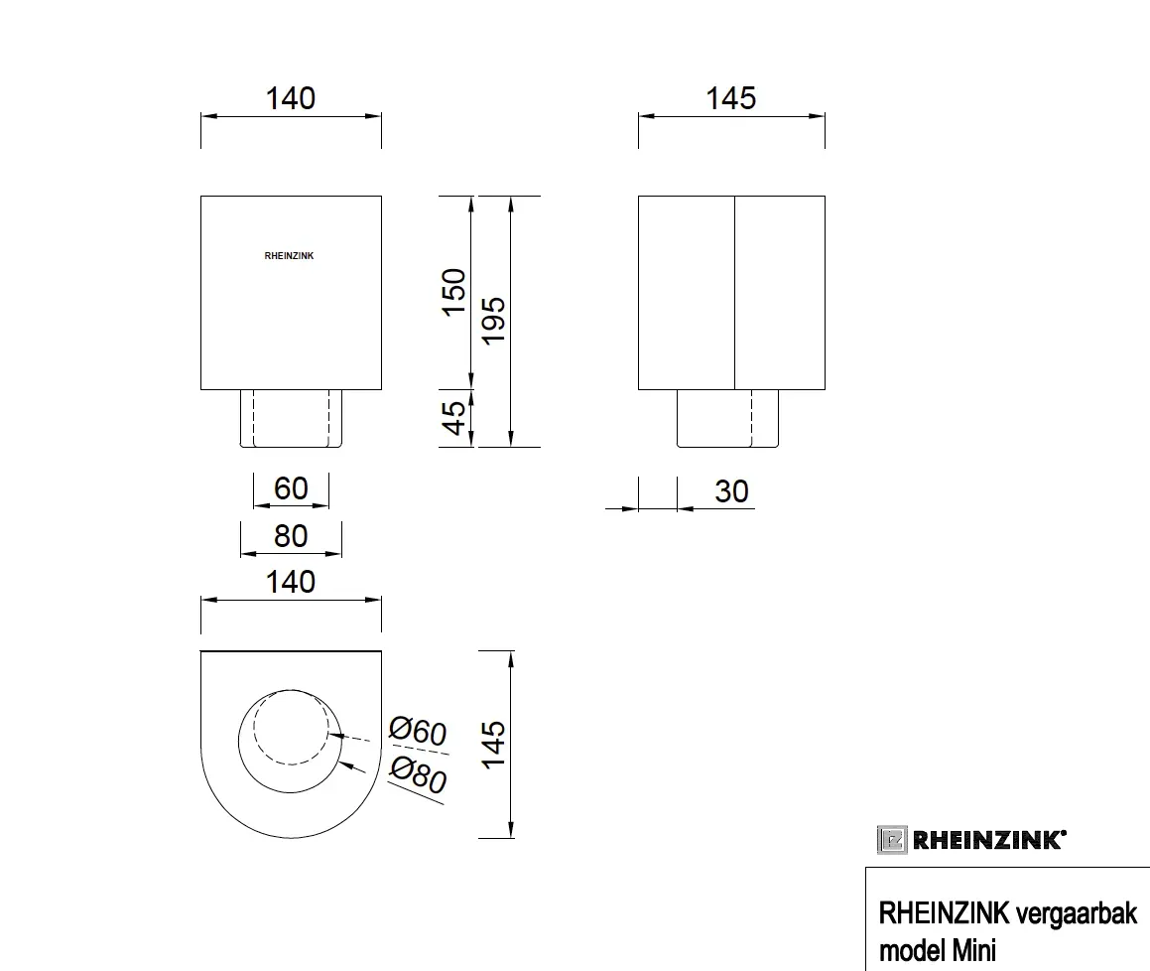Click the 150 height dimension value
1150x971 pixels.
[453, 292]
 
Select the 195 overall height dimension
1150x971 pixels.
[494, 320]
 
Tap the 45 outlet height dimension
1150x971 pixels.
[453, 418]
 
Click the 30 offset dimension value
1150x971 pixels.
[731, 491]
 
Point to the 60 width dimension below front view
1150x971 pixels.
[291, 488]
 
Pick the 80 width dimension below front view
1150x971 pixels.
[291, 536]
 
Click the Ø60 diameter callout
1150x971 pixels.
[418, 733]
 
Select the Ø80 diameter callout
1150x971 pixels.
[418, 774]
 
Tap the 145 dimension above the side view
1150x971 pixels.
[731, 98]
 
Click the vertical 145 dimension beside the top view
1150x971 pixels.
[494, 743]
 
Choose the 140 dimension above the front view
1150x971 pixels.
[291, 98]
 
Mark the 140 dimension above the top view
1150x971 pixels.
[291, 582]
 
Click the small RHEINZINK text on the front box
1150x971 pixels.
[290, 255]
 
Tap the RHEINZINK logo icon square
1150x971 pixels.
[890, 840]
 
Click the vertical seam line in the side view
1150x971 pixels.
[733, 293]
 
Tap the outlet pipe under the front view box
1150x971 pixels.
[291, 418]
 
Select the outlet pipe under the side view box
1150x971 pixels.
[727, 418]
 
